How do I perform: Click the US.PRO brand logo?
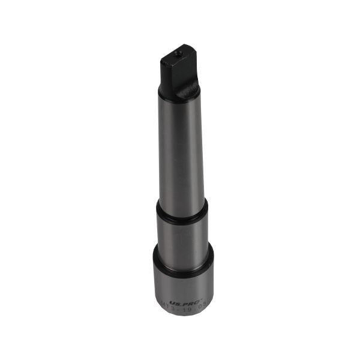click(x=179, y=304)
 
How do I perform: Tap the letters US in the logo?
click(x=172, y=304)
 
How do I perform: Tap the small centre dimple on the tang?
click(x=178, y=55)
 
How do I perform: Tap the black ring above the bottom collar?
click(x=183, y=251)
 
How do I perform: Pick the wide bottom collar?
click(x=183, y=282)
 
